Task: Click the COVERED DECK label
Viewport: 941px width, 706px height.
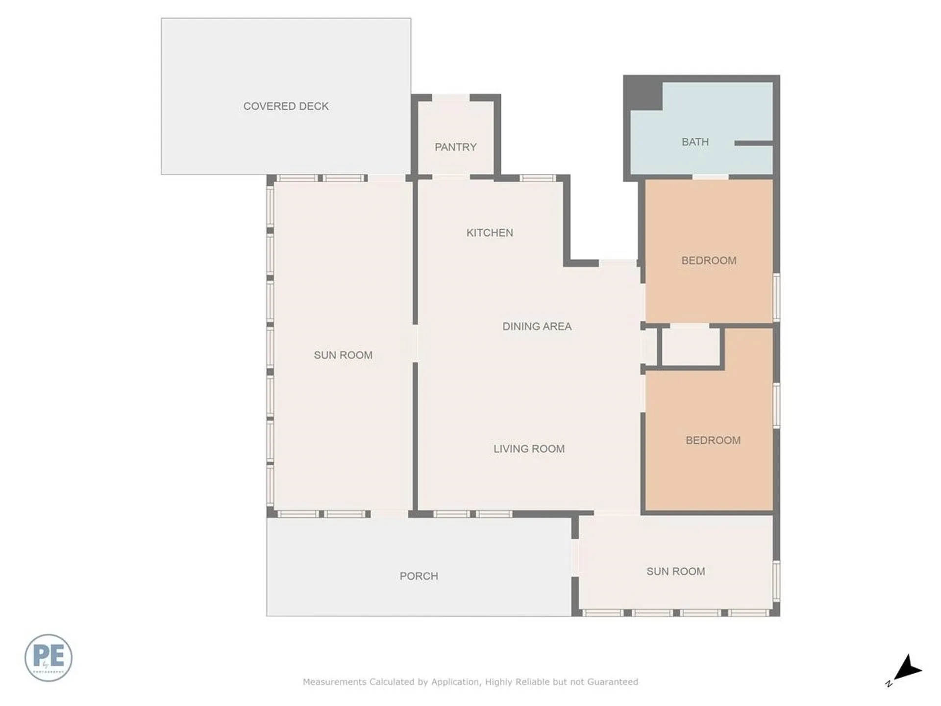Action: [x=286, y=106]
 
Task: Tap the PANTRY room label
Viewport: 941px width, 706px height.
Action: [x=455, y=147]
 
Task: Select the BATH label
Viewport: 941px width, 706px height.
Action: [x=695, y=142]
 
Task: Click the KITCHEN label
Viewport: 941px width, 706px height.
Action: [x=490, y=233]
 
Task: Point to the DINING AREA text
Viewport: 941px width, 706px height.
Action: [x=537, y=327]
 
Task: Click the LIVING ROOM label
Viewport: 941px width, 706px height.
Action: [x=529, y=449]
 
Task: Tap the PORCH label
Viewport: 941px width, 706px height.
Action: [x=419, y=576]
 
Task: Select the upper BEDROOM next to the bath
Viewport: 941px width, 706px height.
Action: [x=709, y=260]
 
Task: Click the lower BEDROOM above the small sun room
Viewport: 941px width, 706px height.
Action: [x=713, y=440]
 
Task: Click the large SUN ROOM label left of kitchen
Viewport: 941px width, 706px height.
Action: [x=343, y=355]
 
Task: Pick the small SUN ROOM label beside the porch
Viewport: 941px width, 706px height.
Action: [x=675, y=571]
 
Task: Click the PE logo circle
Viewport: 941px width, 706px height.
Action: [x=49, y=657]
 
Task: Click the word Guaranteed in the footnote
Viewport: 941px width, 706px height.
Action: [x=612, y=681]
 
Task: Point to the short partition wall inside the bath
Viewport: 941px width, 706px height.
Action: [x=753, y=143]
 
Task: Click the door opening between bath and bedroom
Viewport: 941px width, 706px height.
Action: [x=710, y=176]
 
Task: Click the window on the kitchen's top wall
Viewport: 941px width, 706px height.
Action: [x=538, y=178]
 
